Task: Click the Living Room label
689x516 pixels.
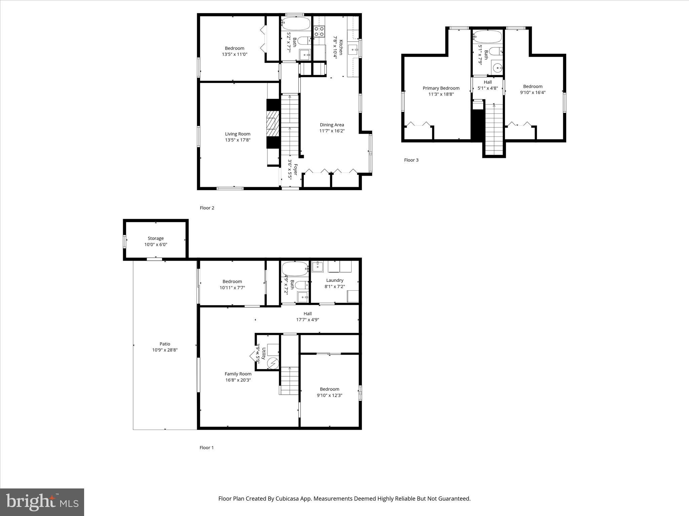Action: [238, 134]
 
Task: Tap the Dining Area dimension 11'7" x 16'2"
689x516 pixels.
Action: [332, 131]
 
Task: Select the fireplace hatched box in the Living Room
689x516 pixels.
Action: [273, 124]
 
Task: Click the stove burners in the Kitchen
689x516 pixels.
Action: [319, 32]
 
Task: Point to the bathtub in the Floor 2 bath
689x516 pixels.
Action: [296, 24]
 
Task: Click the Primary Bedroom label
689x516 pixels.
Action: [441, 88]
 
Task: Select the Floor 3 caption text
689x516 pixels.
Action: [411, 160]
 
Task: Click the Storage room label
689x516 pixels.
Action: [155, 239]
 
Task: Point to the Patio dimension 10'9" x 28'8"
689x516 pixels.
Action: [165, 350]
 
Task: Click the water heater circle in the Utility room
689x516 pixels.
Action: [273, 363]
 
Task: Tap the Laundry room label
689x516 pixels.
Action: [334, 281]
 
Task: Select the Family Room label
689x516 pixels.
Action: [238, 374]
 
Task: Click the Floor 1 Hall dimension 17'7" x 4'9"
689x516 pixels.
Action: [307, 320]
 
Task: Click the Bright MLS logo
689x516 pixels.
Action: [42, 502]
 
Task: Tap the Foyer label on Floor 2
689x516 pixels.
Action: [295, 169]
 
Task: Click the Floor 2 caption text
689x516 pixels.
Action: [207, 208]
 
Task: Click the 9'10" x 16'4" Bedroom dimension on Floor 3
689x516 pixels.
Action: [533, 93]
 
